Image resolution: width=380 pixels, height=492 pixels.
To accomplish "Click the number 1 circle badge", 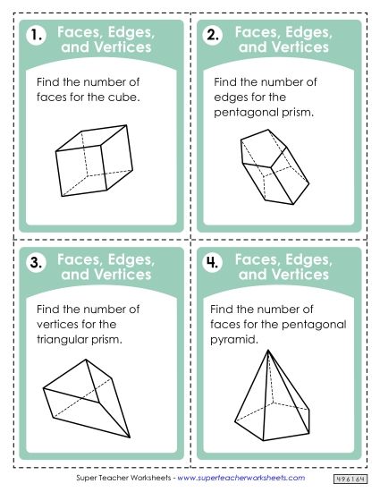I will click(36, 37).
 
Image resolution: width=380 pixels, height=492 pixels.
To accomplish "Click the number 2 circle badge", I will click(214, 37).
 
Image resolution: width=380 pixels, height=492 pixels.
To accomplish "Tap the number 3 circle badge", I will click(36, 262).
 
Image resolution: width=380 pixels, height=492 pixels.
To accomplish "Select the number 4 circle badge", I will click(214, 262).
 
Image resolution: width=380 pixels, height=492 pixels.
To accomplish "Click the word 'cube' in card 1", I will click(125, 98).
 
